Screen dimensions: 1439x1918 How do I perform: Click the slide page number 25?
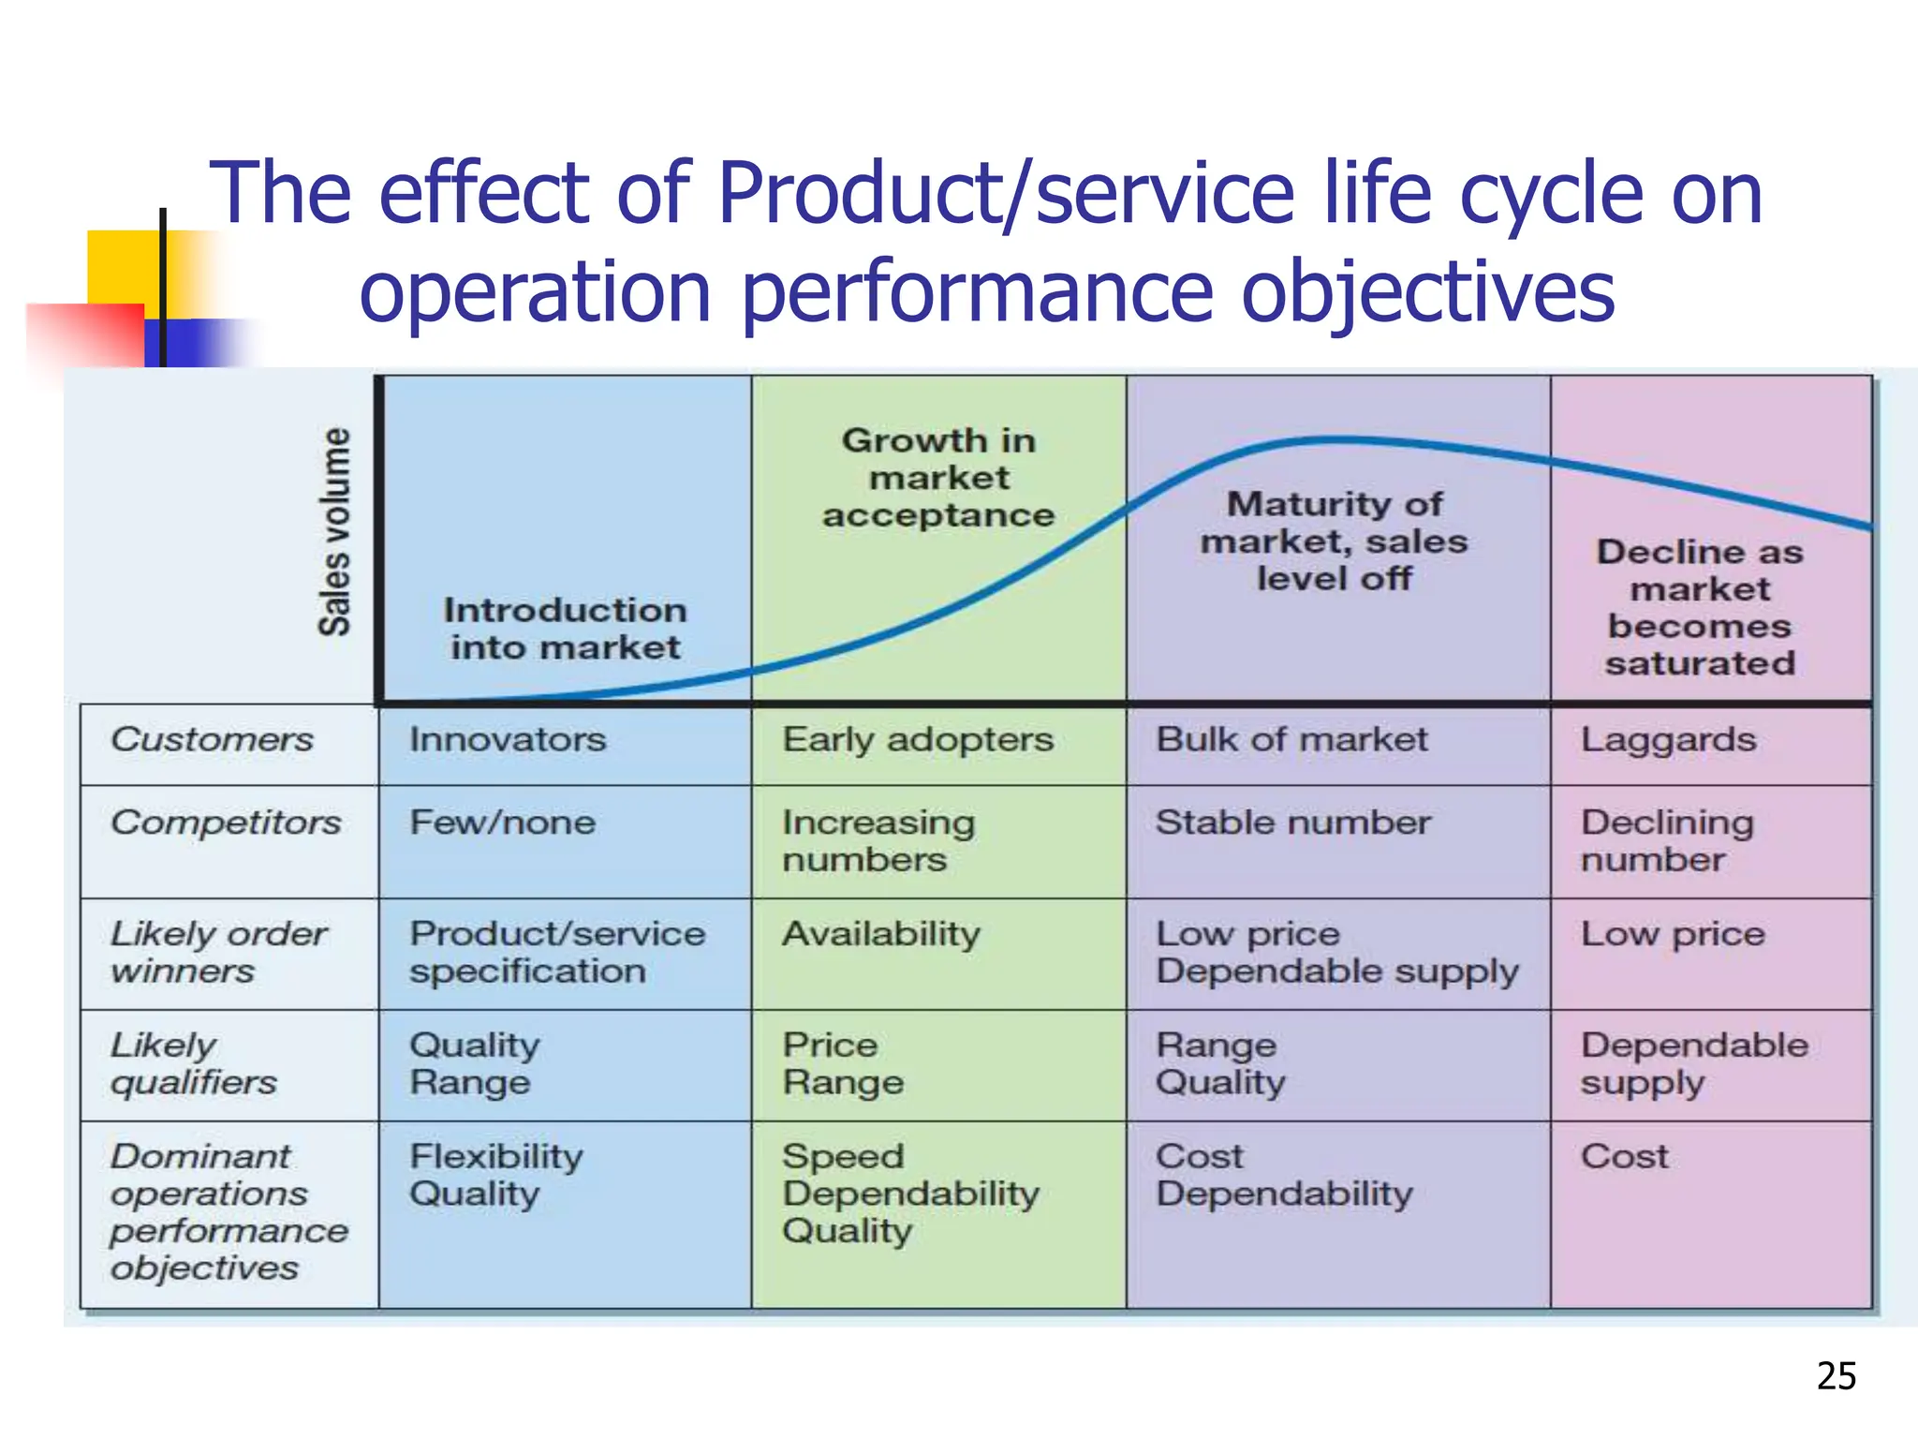1836,1376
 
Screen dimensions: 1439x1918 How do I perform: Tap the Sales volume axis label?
334,531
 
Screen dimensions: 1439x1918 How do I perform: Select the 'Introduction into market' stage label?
565,629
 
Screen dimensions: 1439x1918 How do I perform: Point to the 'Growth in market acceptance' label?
938,478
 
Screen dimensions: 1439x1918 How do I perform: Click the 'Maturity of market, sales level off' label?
1335,541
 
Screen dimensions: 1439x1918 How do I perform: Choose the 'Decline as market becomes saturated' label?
1700,607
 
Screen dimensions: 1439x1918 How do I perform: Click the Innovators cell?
508,740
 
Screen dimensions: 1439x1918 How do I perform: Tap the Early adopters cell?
918,740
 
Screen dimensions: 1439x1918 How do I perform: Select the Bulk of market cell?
1291,740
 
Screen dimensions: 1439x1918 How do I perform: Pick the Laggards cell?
1668,740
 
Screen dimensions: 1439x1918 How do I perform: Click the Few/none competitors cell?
502,823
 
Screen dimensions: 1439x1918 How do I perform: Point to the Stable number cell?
1292,823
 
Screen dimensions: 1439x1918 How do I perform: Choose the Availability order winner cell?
881,934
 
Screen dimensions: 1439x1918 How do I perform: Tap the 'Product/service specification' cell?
557,952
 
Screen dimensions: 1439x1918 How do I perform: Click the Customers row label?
212,740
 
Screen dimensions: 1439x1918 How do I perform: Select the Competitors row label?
226,823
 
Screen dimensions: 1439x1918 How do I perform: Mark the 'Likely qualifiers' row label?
194,1063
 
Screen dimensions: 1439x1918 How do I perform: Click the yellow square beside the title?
122,266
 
